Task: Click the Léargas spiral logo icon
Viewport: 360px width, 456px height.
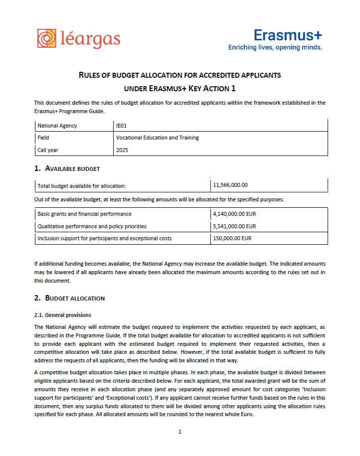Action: [x=47, y=39]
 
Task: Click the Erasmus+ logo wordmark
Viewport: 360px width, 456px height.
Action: [x=288, y=35]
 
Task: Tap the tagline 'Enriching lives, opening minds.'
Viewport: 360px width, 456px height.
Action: [x=275, y=47]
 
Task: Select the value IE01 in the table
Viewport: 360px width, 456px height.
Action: [x=122, y=126]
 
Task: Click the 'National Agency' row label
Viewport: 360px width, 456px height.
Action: [x=57, y=126]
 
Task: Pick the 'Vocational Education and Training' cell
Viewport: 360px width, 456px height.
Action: [x=158, y=138]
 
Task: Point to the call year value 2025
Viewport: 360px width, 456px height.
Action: [x=122, y=150]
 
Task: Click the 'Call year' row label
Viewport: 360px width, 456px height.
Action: [x=48, y=150]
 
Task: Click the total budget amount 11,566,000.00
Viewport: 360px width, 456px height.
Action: [x=230, y=185]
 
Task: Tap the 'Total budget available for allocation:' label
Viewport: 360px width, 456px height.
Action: [x=82, y=186]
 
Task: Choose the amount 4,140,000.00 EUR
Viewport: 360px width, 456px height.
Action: [x=234, y=214]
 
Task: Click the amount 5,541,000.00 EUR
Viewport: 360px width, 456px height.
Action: [x=234, y=226]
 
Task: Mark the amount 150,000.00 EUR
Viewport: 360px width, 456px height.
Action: [x=232, y=238]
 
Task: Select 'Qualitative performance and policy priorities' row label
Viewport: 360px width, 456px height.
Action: [x=92, y=226]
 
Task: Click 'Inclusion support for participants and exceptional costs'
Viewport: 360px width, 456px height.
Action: [x=104, y=238]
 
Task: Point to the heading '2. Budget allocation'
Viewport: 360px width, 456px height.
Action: [x=69, y=298]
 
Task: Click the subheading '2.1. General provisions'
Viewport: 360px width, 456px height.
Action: [x=63, y=315]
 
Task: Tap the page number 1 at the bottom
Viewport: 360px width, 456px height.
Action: [x=180, y=432]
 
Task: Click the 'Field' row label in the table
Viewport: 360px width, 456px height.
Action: [x=43, y=138]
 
